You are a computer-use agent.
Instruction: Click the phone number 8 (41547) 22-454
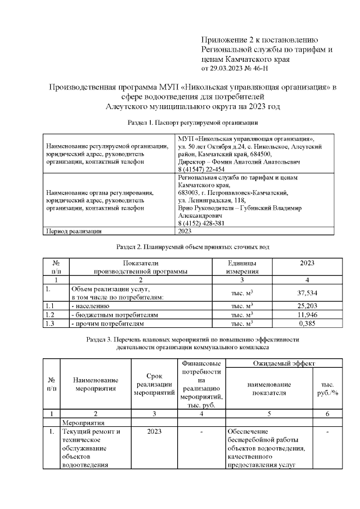(201, 169)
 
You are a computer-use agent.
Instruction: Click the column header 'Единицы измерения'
(242, 267)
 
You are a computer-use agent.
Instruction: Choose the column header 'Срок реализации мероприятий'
(154, 384)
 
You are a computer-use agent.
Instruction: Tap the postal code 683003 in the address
(189, 193)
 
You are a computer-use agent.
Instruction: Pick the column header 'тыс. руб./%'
(326, 388)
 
